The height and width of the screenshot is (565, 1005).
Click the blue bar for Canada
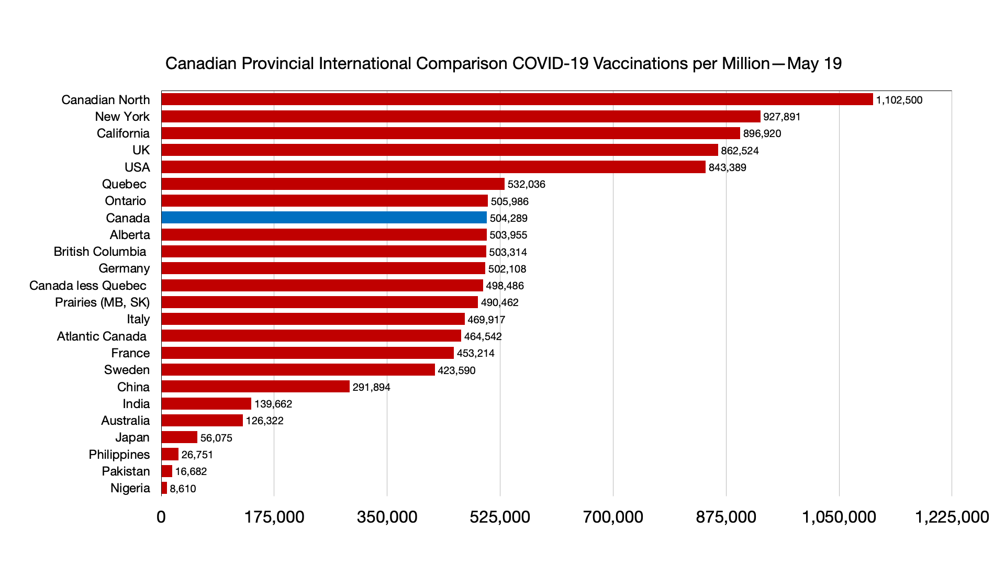coord(324,218)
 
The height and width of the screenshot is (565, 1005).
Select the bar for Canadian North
coord(517,99)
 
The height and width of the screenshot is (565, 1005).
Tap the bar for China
coord(255,387)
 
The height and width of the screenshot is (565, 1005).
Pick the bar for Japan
coord(180,437)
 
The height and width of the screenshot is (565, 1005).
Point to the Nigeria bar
coord(164,488)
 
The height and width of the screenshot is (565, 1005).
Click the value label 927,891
coord(781,117)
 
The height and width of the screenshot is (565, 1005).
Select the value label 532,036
coord(526,184)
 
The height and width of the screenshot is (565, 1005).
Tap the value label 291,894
coord(371,387)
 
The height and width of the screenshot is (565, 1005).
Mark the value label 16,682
coord(191,471)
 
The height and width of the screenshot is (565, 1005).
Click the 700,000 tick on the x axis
coord(613,517)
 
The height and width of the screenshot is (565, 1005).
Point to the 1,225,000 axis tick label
coord(952,517)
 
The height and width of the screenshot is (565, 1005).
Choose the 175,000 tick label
coord(274,517)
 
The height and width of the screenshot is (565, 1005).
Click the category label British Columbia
coord(100,252)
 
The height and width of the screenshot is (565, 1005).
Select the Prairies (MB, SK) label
coord(102,302)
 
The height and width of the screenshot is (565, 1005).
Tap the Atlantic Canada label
coord(102,336)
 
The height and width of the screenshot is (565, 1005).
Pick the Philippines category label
coord(119,455)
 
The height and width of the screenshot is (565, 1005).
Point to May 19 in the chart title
coord(814,63)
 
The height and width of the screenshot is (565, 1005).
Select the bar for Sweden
coord(298,370)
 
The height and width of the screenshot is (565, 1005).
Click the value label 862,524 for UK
coord(740,151)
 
